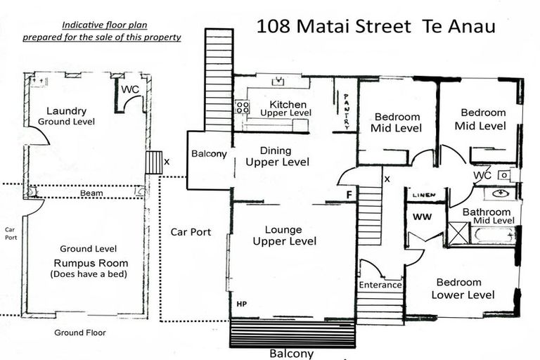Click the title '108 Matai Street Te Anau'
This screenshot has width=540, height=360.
coord(375,27)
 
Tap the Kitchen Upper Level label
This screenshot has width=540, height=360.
coord(285,108)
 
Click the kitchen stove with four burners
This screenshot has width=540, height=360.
coord(242,108)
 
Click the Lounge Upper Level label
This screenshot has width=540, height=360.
coord(284,236)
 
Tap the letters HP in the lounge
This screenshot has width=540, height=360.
coord(242,304)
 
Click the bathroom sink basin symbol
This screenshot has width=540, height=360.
coord(501,193)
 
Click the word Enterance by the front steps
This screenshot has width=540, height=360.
coord(380,285)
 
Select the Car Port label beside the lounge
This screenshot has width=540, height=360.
coord(191,232)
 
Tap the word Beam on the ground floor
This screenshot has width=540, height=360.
coord(91,193)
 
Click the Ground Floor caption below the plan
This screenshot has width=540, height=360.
coord(80,333)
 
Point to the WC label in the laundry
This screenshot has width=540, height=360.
coord(131,89)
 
